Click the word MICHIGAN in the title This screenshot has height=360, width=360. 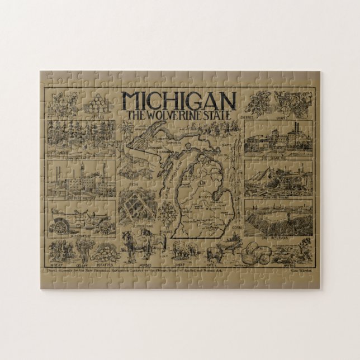179,100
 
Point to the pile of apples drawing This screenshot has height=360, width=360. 93,103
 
